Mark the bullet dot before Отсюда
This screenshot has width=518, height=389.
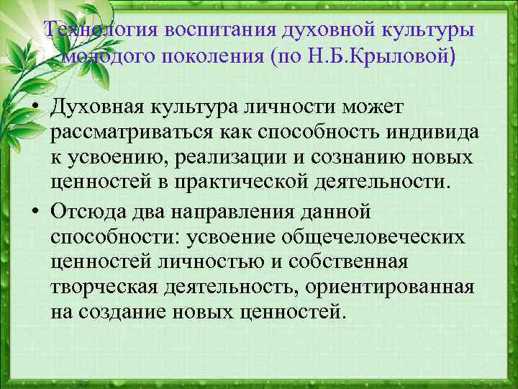34,213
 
